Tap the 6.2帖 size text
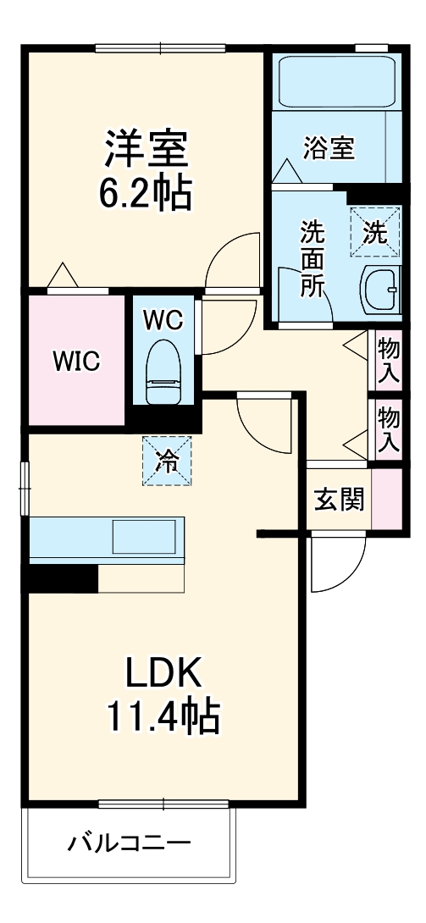click(145, 194)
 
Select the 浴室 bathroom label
click(329, 149)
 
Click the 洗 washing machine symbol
click(373, 230)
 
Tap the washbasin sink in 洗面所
click(379, 290)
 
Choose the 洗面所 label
click(312, 258)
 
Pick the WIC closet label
click(77, 361)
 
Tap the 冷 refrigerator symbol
click(167, 461)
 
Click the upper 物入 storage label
click(389, 359)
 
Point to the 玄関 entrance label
click(340, 499)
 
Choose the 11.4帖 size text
click(163, 718)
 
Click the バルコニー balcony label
click(129, 843)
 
